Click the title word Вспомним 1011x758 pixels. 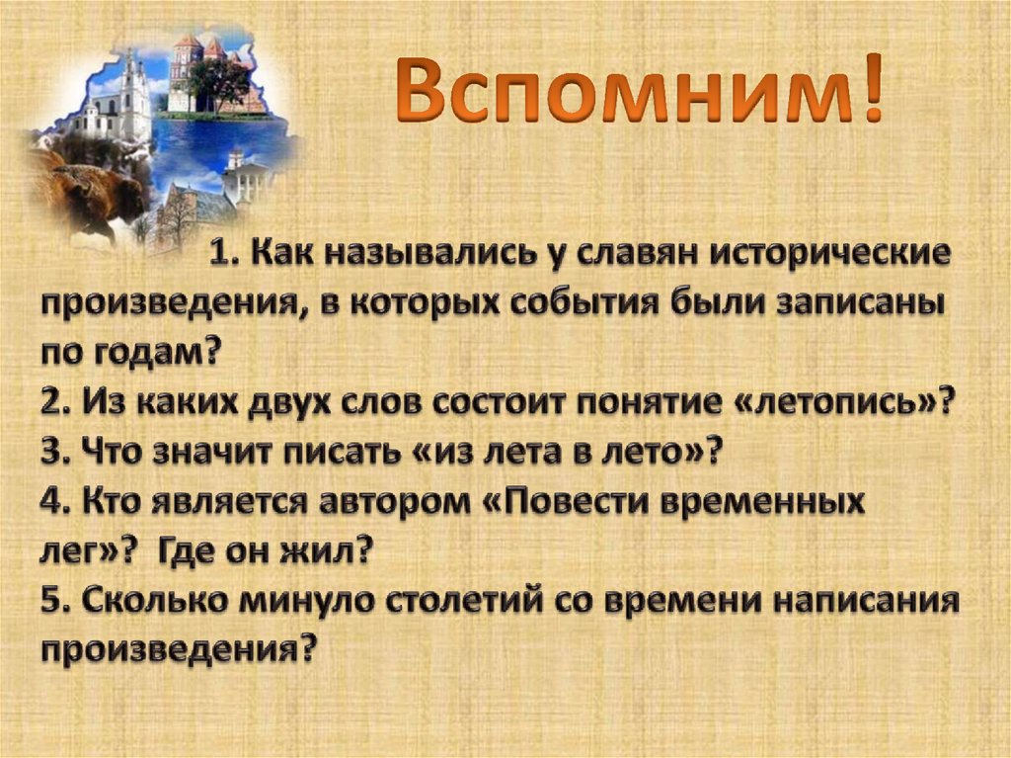click(x=623, y=91)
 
